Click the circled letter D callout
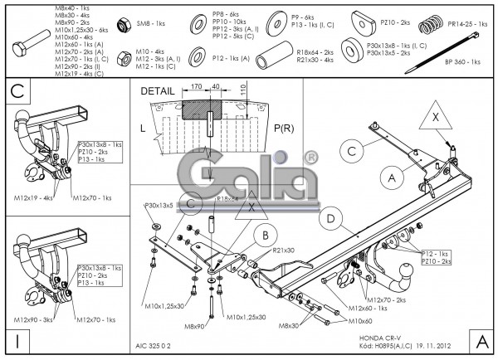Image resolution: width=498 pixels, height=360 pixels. (x=330, y=219)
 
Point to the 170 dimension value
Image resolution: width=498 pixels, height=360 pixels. (x=197, y=85)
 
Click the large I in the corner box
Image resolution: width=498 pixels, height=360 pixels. (x=16, y=340)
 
